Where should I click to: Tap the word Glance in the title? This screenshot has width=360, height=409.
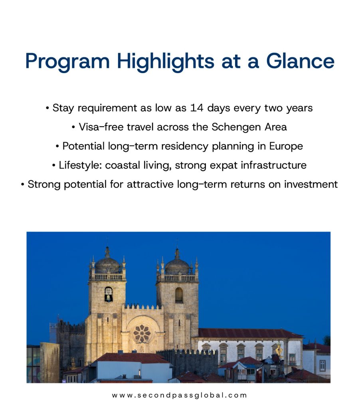pos(300,61)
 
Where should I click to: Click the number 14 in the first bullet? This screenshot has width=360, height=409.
pos(196,108)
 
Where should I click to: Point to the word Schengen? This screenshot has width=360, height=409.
pos(236,127)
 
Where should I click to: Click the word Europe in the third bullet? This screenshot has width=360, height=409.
pos(286,146)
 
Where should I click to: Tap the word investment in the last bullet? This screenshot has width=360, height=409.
pos(311,185)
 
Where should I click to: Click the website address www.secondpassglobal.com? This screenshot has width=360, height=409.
pos(180,395)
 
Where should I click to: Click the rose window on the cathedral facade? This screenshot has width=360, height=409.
pos(142,334)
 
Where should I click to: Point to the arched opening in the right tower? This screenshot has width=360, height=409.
pos(179,295)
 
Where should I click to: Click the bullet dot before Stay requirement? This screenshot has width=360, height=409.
pos(47,108)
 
